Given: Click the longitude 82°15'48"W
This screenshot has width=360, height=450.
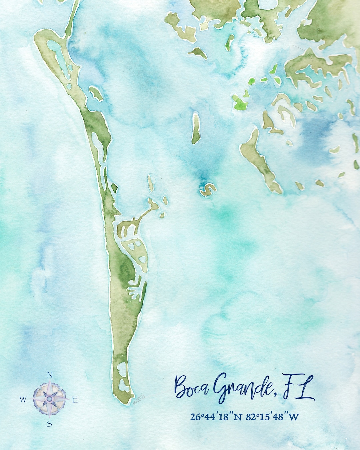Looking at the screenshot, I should tap(273, 417).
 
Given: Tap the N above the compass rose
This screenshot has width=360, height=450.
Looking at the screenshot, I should tap(50, 375).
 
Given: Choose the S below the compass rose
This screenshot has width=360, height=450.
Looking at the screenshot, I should tap(49, 424).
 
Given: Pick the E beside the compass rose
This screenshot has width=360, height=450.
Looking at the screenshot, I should tap(75, 400).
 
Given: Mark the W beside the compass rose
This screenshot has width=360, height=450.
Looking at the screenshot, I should tap(23, 399).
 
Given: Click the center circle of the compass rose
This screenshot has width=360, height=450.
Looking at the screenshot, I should tap(49, 399).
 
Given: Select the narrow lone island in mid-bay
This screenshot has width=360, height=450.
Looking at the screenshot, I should tap(196, 128).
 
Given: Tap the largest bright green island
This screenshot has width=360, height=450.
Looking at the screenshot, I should tap(240, 102).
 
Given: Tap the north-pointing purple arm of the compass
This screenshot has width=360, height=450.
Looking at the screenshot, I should tap(50, 388).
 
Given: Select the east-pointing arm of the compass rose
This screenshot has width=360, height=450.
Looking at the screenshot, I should tap(62, 399).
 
